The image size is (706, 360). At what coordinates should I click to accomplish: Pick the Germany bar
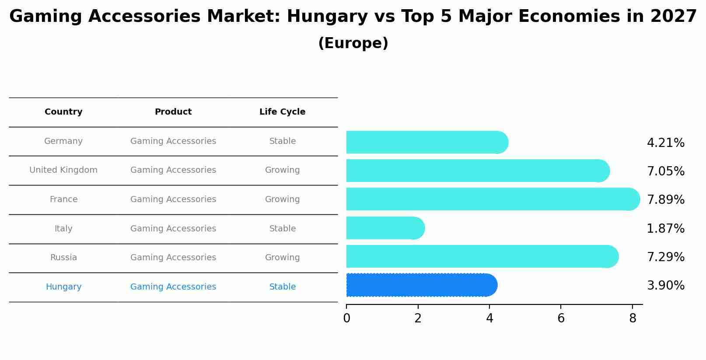click(426, 142)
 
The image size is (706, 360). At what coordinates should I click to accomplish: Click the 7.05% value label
click(665, 171)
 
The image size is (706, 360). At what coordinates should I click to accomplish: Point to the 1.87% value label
click(665, 228)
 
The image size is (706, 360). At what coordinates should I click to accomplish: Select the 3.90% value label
click(665, 286)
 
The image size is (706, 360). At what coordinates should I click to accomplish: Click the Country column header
click(63, 112)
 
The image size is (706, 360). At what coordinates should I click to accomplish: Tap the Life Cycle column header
click(282, 112)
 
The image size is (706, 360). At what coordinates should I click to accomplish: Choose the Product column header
click(173, 112)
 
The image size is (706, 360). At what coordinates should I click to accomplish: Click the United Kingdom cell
click(63, 170)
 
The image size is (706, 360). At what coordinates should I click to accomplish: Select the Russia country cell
click(63, 258)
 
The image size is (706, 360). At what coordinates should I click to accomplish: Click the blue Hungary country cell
click(63, 287)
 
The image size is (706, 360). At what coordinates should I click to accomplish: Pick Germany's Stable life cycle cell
click(282, 141)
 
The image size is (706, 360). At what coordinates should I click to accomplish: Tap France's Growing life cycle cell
click(282, 199)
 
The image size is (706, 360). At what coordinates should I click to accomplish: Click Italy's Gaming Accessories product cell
click(173, 229)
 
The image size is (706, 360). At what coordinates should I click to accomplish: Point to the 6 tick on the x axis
click(561, 318)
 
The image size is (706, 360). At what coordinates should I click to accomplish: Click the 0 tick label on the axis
click(346, 318)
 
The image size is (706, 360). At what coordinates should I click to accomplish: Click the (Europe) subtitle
click(353, 43)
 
